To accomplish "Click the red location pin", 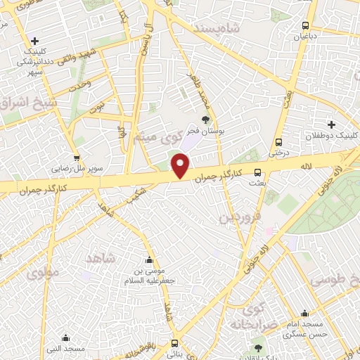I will click(181, 165).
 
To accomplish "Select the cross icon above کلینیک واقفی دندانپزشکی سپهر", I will click(34, 41).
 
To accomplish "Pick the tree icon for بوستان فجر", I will click(206, 120).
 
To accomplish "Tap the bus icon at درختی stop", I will click(280, 141).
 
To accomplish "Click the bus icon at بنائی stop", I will click(174, 344).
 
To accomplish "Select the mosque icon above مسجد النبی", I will click(65, 337).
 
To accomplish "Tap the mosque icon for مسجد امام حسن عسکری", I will click(304, 314).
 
